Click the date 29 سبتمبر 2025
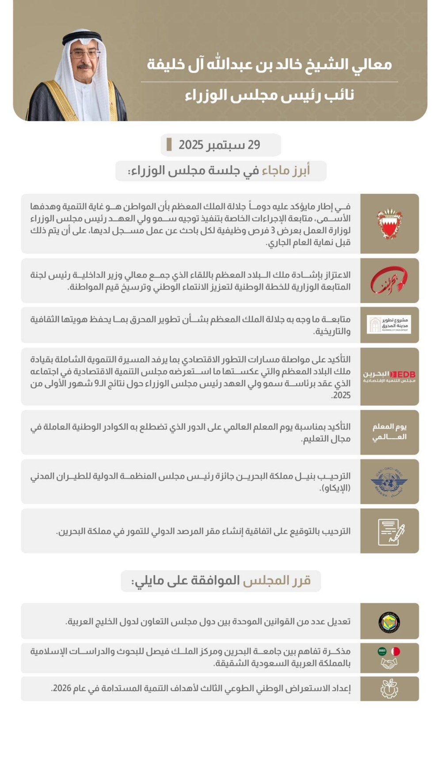[x=219, y=145]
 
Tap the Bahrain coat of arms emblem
[x=389, y=224]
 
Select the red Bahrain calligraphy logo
[x=389, y=280]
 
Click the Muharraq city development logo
[x=389, y=325]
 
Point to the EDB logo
[x=389, y=376]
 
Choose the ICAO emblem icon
[x=389, y=482]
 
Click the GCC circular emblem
[x=389, y=621]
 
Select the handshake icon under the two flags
[x=389, y=663]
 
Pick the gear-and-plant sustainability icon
[x=389, y=689]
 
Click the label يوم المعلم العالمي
[x=389, y=432]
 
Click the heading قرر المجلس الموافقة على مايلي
[x=221, y=581]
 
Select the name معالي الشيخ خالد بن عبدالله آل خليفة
[x=269, y=65]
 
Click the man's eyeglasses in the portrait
[x=84, y=54]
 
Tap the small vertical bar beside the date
[x=169, y=145]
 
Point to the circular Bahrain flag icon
[x=396, y=651]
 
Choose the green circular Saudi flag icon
[x=382, y=651]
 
